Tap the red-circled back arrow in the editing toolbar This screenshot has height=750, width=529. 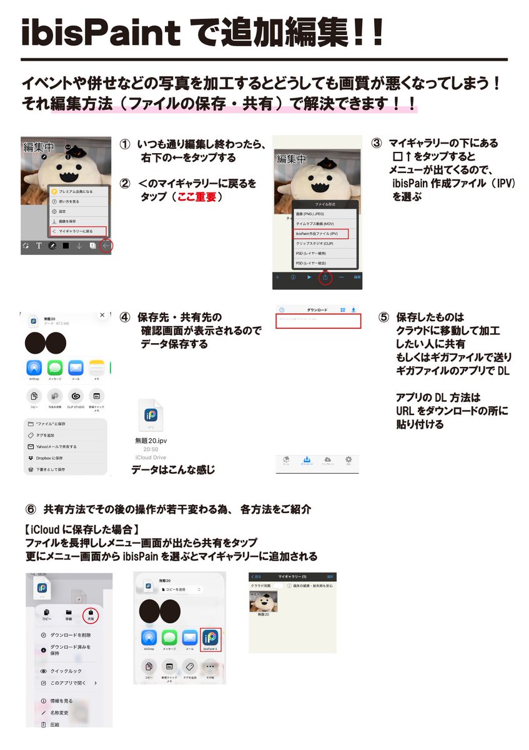[x=106, y=246]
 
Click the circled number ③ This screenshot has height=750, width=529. [x=376, y=143]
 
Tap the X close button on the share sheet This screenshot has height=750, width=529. [x=102, y=316]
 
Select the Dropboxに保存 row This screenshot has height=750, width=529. [x=56, y=458]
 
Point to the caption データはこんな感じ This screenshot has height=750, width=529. [x=173, y=469]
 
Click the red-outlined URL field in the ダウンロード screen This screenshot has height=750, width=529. [x=319, y=321]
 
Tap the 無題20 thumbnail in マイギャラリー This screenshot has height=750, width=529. [x=264, y=602]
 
